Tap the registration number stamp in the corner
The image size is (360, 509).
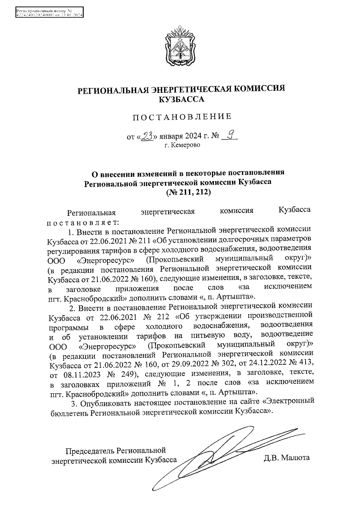49,13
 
